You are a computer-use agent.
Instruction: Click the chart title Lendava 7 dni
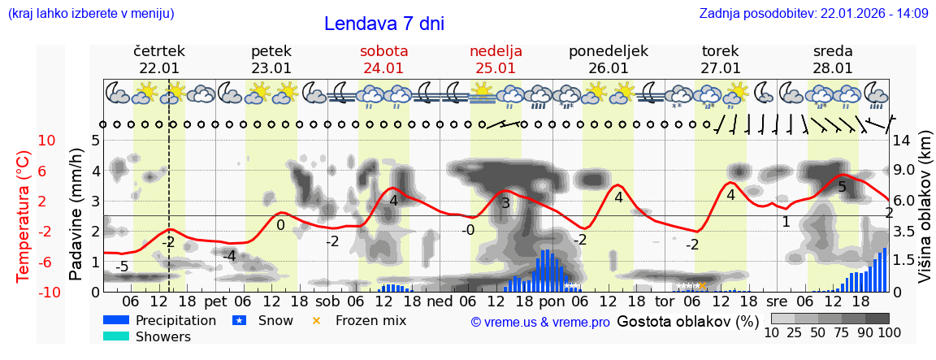383,24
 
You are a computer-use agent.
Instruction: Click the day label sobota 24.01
383,59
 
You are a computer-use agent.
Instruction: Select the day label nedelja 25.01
496,59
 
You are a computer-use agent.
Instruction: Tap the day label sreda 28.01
833,59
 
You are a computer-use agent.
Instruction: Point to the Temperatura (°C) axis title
24,215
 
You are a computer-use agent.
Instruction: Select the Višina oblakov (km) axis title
925,215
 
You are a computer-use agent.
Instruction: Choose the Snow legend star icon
240,320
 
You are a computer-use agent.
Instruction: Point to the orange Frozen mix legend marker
317,320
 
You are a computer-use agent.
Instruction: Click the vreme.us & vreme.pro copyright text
540,322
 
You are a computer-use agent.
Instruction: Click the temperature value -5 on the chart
122,267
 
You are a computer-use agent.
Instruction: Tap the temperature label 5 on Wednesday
842,188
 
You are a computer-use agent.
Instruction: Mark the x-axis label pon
552,301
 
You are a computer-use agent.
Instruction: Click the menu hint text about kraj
91,13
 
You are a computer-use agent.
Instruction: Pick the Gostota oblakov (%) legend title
688,321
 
